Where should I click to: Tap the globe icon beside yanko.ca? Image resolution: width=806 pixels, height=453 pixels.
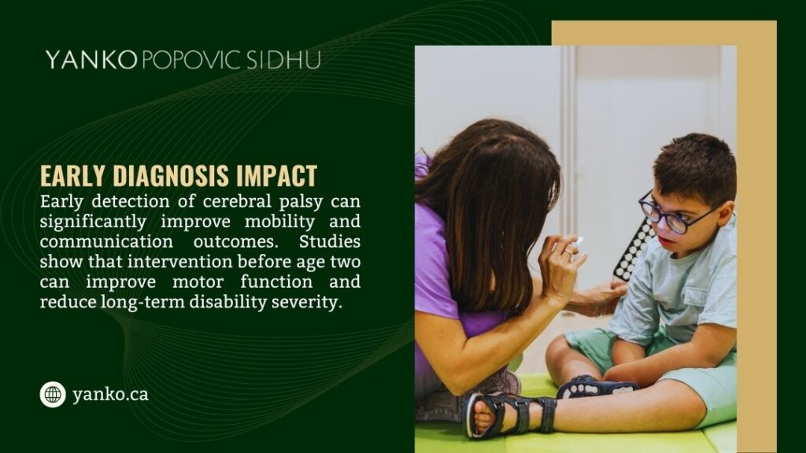[53, 394]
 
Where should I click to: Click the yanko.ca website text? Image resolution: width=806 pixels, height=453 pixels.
[109, 394]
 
